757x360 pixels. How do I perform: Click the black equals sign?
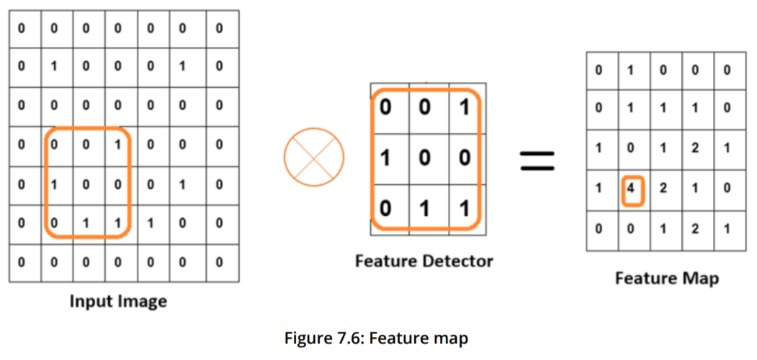click(537, 161)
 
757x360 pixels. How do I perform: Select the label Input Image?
click(118, 301)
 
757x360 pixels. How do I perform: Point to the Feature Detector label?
click(424, 261)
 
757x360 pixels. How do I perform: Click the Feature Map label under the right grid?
click(666, 277)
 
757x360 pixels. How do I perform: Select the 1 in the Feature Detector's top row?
click(465, 108)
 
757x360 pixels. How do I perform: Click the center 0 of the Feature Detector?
click(425, 158)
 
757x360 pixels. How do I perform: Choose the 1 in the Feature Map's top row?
click(632, 71)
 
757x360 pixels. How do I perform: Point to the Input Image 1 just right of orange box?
click(151, 223)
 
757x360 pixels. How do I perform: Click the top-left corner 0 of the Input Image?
click(22, 29)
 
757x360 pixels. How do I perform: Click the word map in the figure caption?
click(452, 336)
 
